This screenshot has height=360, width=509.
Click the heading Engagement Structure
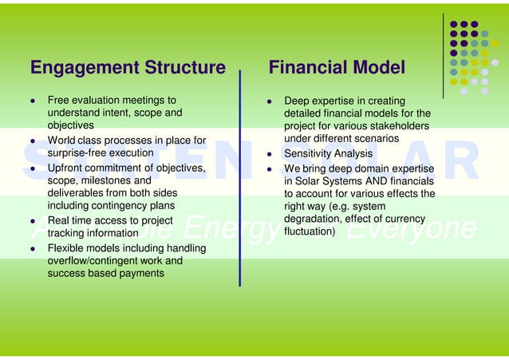pos(128,69)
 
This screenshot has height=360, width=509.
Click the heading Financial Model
pos(337,69)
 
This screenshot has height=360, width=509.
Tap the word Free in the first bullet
pos(60,101)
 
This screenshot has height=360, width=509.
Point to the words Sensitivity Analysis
pos(329,153)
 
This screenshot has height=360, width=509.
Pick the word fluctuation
pos(310,232)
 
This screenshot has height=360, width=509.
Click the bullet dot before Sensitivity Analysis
pos(270,154)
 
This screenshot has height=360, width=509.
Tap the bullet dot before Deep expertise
pos(270,101)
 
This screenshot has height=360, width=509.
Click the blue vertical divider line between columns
pos(240,176)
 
